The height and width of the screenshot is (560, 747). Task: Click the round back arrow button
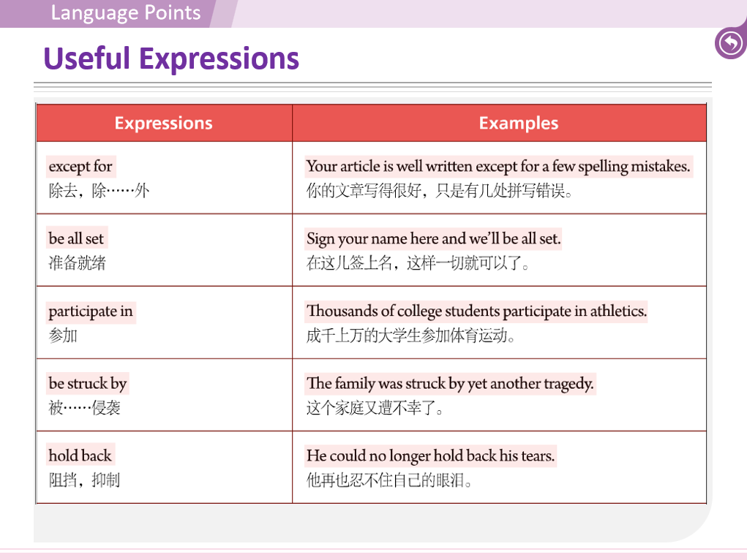730,43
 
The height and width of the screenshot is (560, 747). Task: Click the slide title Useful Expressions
171,58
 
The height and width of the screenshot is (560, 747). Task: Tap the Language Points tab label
126,13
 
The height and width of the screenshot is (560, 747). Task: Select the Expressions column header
163,124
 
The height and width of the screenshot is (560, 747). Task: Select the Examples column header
518,124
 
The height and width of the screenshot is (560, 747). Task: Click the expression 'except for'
80,167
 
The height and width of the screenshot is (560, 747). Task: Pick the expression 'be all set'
76,239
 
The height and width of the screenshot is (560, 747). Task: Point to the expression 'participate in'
91,311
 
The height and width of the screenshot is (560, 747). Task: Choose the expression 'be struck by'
88,384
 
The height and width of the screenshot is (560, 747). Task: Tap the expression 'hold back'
80,456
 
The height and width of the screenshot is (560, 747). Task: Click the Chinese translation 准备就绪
77,263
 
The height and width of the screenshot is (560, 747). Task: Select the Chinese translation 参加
63,336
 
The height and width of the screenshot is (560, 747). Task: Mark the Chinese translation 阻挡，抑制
84,480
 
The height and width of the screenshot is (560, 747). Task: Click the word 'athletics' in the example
619,311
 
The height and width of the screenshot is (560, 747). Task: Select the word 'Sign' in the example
320,239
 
